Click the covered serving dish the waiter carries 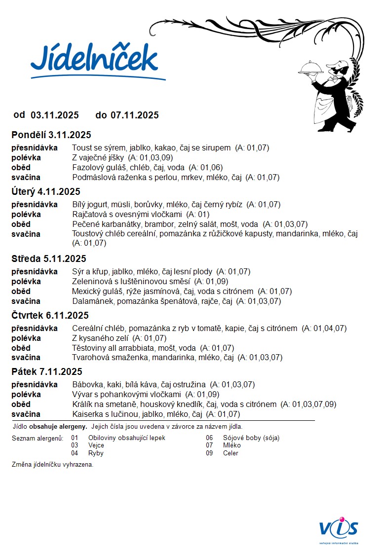pos(311,68)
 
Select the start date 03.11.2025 pos(55,115)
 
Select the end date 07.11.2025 pos(134,115)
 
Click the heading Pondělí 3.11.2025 pos(51,135)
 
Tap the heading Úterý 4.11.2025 pos(45,192)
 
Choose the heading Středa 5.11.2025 pos(49,259)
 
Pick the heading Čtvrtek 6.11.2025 pos(50,316)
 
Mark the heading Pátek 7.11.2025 pos(47,372)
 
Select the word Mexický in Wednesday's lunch pos(86,292)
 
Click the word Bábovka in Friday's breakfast pos(87,385)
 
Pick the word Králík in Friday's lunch pos(82,405)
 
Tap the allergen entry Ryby pos(96,453)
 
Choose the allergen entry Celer pos(231,453)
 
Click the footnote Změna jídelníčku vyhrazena pos(52,465)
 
